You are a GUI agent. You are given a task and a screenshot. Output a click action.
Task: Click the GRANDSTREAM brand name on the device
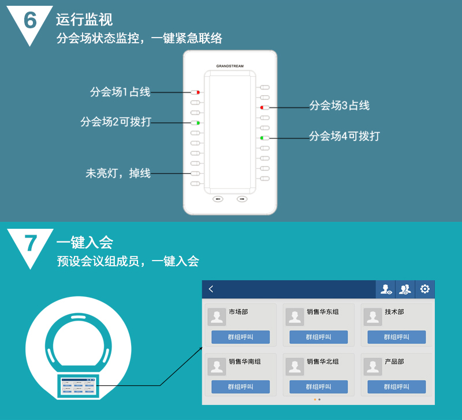pyautogui.click(x=230, y=66)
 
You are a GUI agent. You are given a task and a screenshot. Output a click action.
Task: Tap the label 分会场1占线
pyautogui.click(x=120, y=92)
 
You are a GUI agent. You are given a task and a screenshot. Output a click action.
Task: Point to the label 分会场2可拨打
pyautogui.click(x=116, y=122)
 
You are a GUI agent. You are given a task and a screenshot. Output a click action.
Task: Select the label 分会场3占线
pyautogui.click(x=339, y=106)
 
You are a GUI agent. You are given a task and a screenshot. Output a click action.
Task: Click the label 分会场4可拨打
pyautogui.click(x=344, y=136)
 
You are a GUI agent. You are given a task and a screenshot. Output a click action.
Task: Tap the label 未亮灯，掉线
pyautogui.click(x=118, y=173)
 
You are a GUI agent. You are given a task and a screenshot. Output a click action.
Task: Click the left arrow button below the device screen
pyautogui.click(x=218, y=199)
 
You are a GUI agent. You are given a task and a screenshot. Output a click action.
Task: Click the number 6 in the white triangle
pyautogui.click(x=30, y=20)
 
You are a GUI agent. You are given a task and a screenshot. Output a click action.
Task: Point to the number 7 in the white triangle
pyautogui.click(x=31, y=243)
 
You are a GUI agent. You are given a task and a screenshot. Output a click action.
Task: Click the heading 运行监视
pyautogui.click(x=84, y=20)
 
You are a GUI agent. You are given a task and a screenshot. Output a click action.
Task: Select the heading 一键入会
pyautogui.click(x=85, y=243)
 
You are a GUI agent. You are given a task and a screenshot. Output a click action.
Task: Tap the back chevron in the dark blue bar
pyautogui.click(x=211, y=289)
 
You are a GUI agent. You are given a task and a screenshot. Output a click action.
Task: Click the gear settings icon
pyautogui.click(x=424, y=289)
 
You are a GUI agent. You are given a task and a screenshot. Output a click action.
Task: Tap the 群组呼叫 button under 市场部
pyautogui.click(x=240, y=337)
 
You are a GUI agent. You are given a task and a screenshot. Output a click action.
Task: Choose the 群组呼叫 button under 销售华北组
pyautogui.click(x=319, y=386)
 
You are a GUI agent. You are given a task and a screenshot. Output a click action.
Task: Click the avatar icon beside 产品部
pyautogui.click(x=372, y=367)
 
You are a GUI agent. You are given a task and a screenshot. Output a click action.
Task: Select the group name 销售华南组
pyautogui.click(x=245, y=362)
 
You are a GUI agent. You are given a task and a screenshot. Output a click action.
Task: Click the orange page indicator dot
pyautogui.click(x=315, y=400)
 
